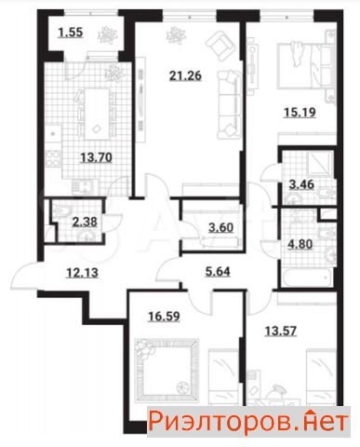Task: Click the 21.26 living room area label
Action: [185, 75]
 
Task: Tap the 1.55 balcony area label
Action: [71, 33]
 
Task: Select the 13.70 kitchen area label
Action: [96, 157]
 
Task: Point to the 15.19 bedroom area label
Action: [300, 113]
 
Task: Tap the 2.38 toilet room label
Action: [85, 222]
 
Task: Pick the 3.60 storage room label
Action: [220, 228]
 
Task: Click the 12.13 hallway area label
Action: [83, 273]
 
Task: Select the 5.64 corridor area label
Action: [218, 272]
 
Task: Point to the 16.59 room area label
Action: [164, 317]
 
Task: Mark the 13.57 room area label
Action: [281, 332]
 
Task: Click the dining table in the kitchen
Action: [97, 115]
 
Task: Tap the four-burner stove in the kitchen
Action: [53, 158]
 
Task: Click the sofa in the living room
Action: [230, 104]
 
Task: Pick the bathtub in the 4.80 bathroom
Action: [308, 278]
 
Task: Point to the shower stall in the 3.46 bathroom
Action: [320, 164]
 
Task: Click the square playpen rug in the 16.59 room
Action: [167, 371]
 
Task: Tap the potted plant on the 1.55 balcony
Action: [107, 35]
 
